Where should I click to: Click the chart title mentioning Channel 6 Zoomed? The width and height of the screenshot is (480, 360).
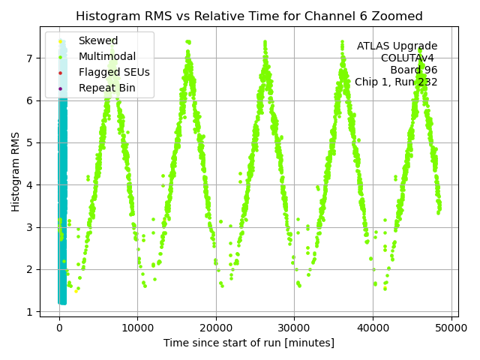tap(249, 16)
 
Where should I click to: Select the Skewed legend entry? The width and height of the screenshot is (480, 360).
tap(97, 40)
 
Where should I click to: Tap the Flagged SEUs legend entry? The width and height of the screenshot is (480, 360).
tap(113, 72)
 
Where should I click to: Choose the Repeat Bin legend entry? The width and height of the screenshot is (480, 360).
tap(106, 88)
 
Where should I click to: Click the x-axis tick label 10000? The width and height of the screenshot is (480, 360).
tap(137, 328)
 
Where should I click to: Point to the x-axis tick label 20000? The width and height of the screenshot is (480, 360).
tap(216, 328)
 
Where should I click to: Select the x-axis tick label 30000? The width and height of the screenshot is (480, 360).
tap(294, 328)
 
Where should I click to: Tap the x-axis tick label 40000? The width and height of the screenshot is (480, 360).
tap(373, 328)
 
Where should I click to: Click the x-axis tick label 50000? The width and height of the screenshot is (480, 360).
tap(451, 328)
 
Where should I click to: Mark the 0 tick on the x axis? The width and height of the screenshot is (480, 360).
tap(59, 328)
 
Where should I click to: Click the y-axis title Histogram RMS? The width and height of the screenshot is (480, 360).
tap(16, 171)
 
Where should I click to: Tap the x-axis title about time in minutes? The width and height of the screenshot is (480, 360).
tap(249, 343)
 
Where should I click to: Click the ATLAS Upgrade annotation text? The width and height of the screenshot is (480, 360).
tap(397, 46)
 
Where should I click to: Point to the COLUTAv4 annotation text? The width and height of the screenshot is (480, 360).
tap(409, 58)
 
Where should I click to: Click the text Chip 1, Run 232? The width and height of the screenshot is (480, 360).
tap(395, 82)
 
